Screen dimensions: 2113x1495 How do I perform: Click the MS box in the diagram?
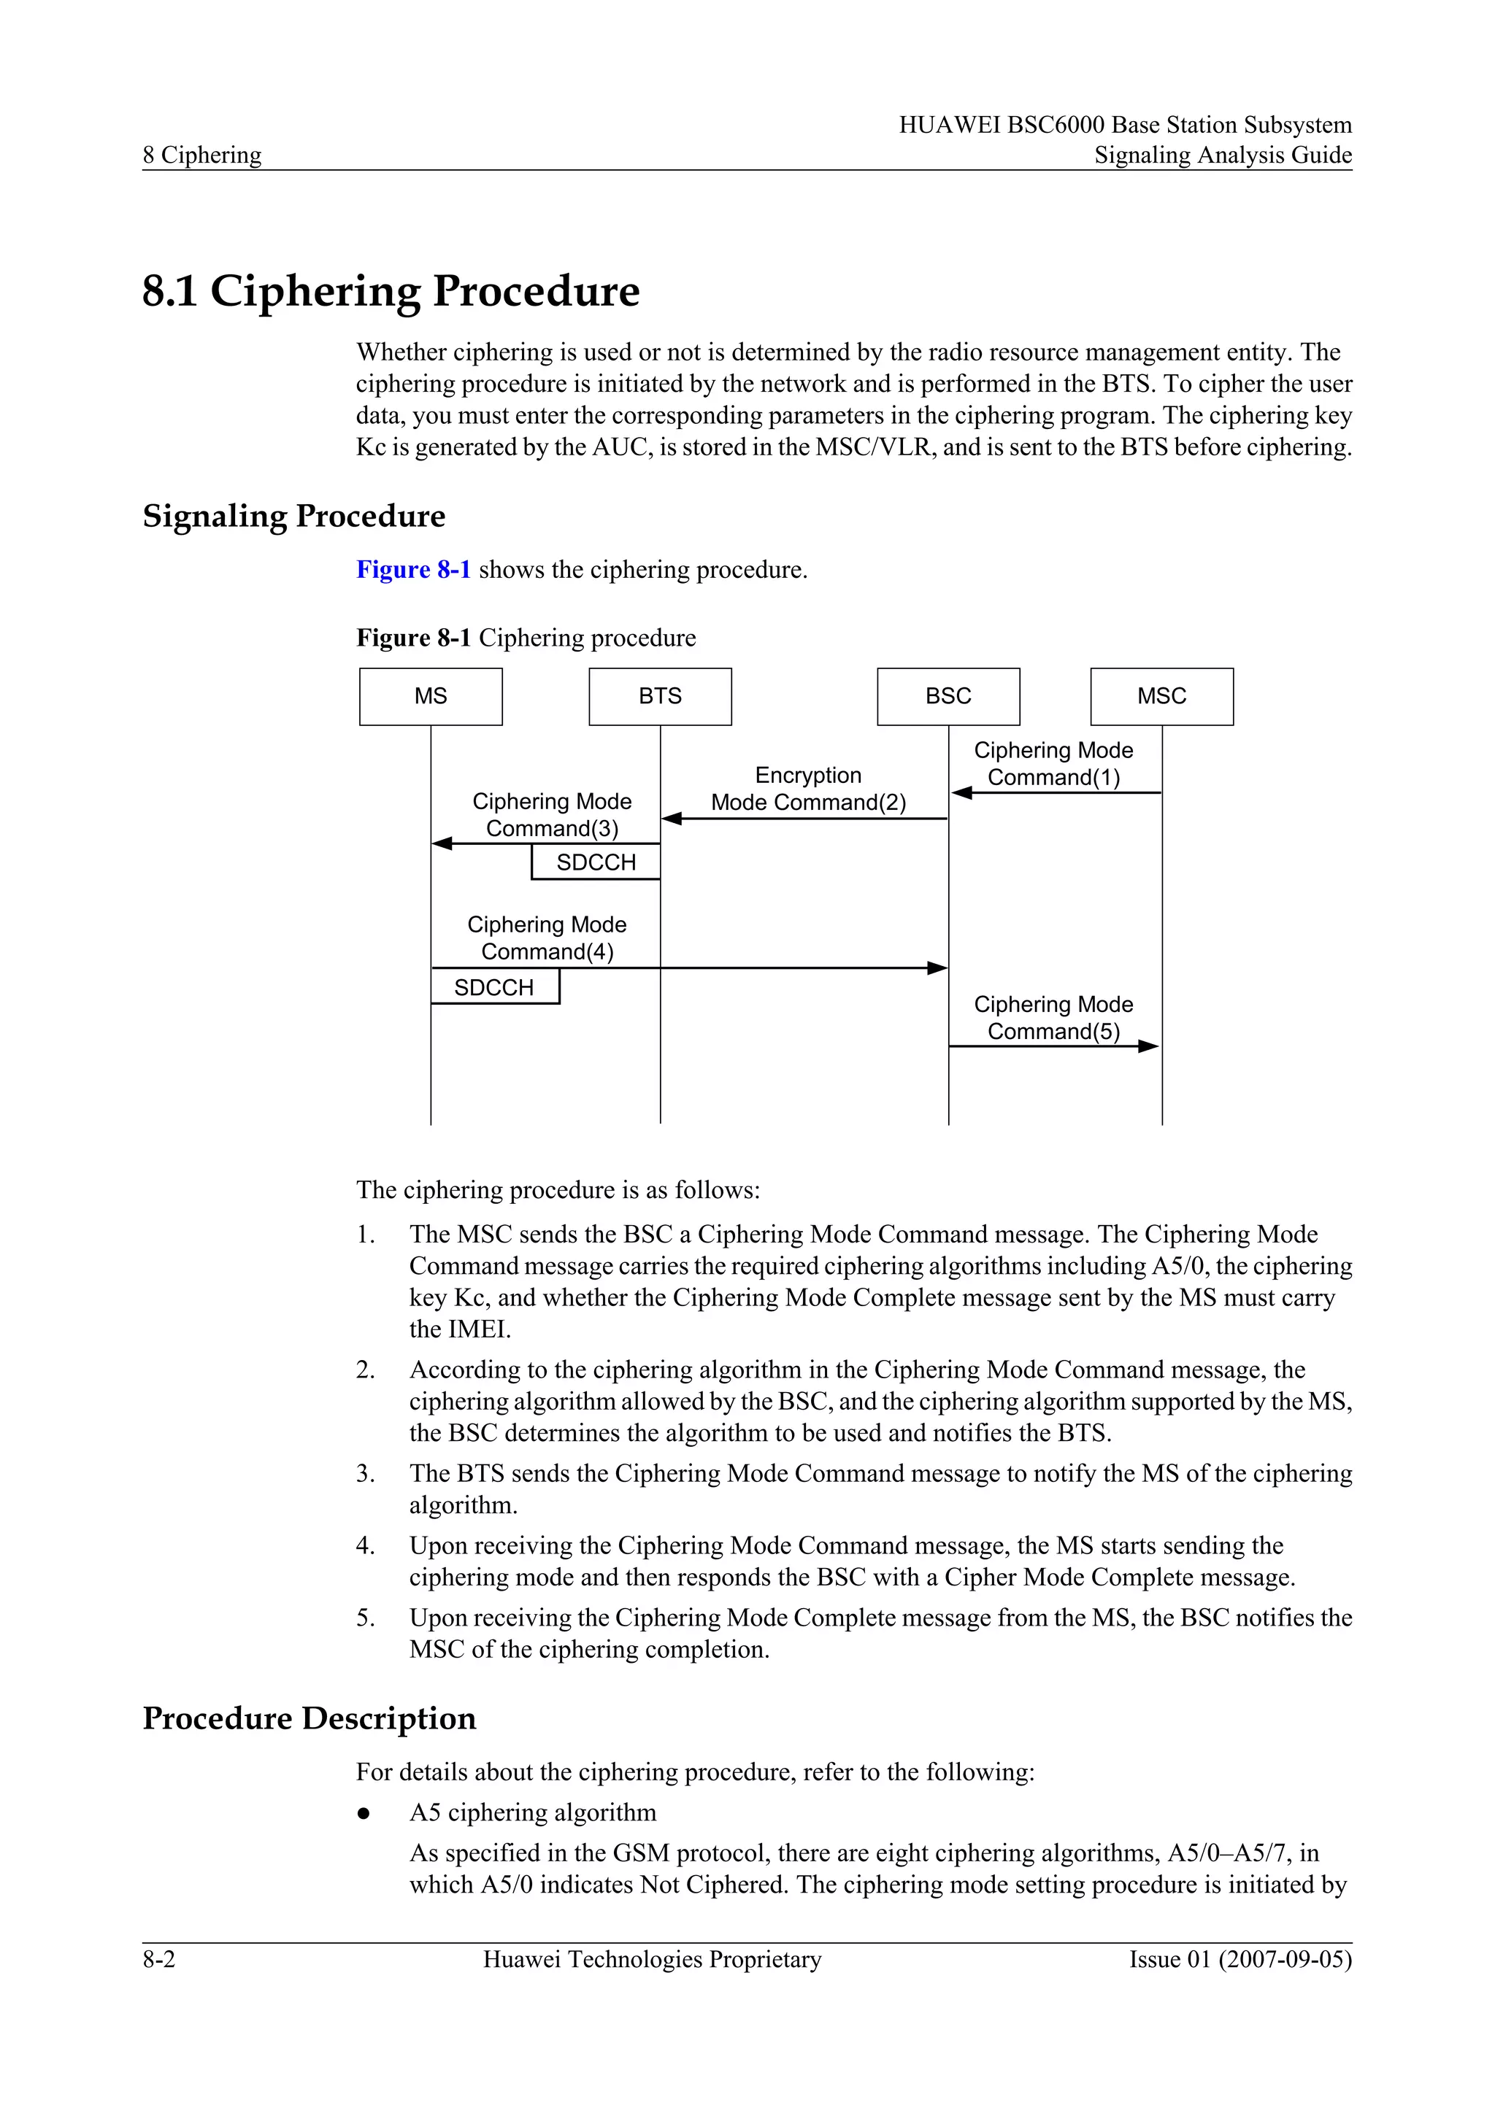(431, 697)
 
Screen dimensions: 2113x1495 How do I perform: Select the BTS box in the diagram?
(660, 697)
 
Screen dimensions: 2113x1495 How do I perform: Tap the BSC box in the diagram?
(948, 697)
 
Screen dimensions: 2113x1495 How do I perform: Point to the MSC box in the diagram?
(1161, 697)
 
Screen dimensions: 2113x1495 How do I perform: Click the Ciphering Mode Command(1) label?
(1053, 764)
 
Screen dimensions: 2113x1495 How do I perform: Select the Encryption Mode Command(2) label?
(808, 789)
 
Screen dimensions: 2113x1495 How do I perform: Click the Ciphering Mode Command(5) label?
(1053, 1018)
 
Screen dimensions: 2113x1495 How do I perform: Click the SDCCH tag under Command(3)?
(596, 862)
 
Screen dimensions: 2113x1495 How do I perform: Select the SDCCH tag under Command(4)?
(494, 987)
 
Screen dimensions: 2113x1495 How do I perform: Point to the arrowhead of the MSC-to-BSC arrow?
(962, 792)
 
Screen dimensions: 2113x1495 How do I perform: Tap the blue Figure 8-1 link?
(413, 570)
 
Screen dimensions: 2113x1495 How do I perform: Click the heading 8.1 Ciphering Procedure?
(391, 291)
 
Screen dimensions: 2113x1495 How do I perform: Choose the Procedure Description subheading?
(310, 1718)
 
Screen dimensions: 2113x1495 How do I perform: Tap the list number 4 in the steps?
(366, 1545)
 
